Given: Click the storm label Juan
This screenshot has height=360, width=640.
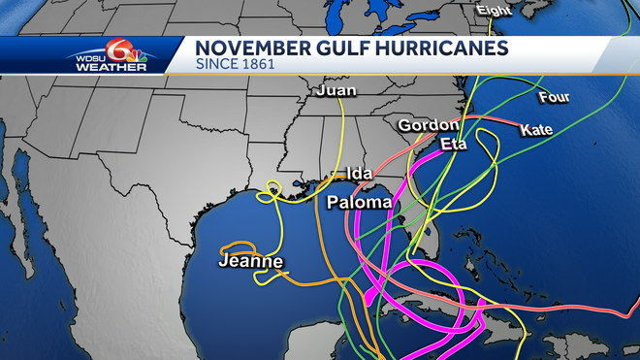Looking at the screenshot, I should [336, 91].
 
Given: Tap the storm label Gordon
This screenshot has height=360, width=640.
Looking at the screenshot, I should [428, 125].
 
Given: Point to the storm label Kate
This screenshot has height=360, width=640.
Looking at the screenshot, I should [536, 129].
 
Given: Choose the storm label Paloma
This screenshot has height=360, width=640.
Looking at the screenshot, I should [359, 202].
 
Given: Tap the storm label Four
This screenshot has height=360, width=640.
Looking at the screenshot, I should [554, 97].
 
